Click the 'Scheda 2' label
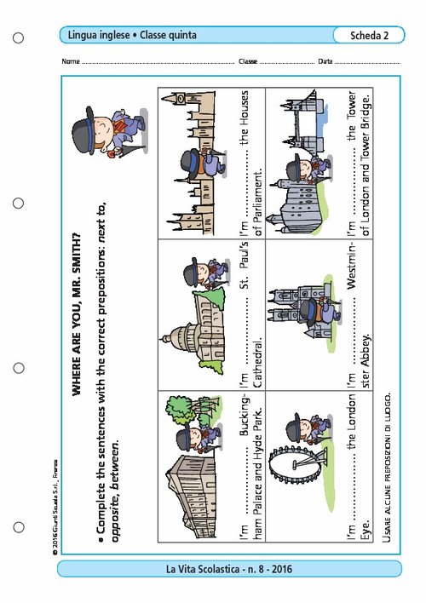pyautogui.click(x=369, y=36)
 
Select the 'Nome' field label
pyautogui.click(x=71, y=61)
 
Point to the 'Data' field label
pyautogui.click(x=325, y=61)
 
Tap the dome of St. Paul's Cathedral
pyautogui.click(x=179, y=338)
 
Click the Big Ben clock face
pyautogui.click(x=181, y=99)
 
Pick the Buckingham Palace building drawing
pyautogui.click(x=191, y=497)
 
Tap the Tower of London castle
pyautogui.click(x=296, y=206)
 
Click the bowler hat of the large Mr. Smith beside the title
pyautogui.click(x=83, y=130)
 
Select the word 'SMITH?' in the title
pyautogui.click(x=76, y=253)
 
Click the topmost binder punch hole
pyautogui.click(x=18, y=37)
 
